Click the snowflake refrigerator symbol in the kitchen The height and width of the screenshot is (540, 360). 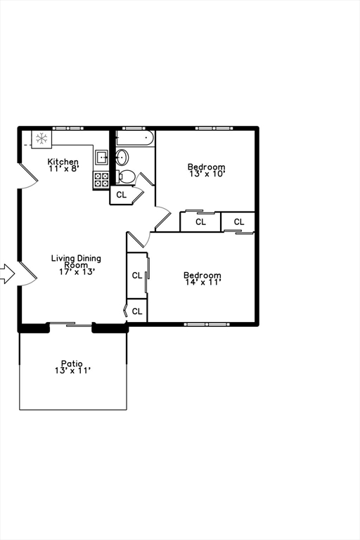click(x=41, y=139)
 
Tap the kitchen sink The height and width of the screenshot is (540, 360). click(x=101, y=157)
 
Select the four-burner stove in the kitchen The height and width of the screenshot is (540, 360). click(x=101, y=179)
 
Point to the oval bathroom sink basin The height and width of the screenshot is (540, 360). click(x=121, y=156)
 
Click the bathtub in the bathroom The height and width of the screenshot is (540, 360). click(x=135, y=138)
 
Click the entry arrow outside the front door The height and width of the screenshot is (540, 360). click(x=6, y=274)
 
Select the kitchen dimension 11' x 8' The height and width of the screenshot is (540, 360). click(x=63, y=169)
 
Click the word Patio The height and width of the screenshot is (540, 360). click(x=72, y=363)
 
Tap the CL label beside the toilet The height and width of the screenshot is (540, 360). click(x=121, y=195)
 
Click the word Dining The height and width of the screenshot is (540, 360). click(x=89, y=258)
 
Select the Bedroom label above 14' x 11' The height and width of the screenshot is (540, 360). click(x=202, y=275)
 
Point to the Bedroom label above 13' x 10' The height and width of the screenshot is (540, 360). click(x=206, y=167)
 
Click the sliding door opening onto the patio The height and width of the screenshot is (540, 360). click(x=70, y=324)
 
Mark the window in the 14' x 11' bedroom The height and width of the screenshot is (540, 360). click(x=206, y=324)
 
